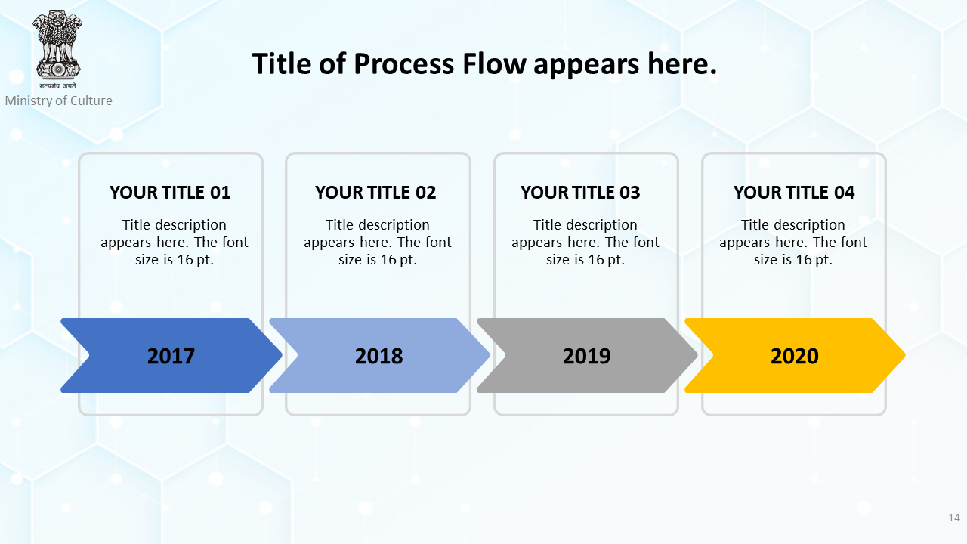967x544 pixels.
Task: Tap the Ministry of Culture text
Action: [x=59, y=100]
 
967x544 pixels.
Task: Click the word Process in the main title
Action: [x=403, y=64]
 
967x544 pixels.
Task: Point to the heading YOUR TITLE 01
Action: [x=170, y=193]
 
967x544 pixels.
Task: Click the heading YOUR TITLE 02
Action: [x=375, y=193]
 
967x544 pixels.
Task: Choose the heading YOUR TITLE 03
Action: [x=580, y=193]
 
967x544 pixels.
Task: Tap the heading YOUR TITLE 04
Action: [x=794, y=193]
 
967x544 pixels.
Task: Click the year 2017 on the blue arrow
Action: [x=171, y=356]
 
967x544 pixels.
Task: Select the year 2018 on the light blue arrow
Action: [x=378, y=356]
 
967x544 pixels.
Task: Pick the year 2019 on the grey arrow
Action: [x=587, y=356]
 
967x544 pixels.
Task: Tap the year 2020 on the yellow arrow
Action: [x=794, y=356]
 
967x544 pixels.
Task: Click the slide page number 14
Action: [x=954, y=518]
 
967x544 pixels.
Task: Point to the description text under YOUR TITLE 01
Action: [x=175, y=243]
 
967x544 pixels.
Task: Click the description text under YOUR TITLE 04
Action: [x=793, y=243]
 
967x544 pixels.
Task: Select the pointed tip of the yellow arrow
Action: [x=905, y=355]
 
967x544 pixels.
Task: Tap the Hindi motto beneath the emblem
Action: [x=58, y=85]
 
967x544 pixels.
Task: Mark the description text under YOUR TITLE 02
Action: [x=378, y=243]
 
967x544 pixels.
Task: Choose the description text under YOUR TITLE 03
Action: [x=585, y=243]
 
